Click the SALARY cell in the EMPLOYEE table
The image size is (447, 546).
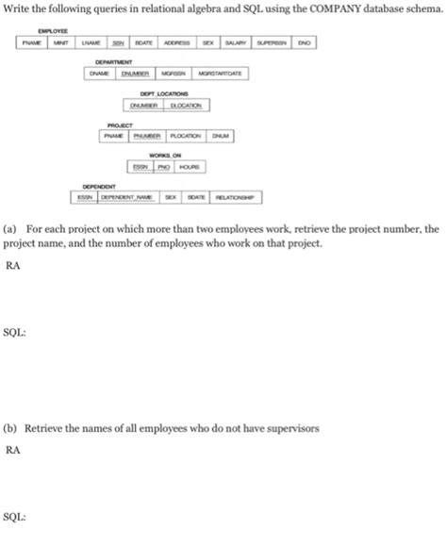(236, 43)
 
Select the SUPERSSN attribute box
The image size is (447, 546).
(272, 43)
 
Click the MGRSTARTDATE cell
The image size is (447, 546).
(221, 74)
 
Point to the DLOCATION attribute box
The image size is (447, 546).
(188, 105)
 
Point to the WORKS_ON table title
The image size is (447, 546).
(165, 157)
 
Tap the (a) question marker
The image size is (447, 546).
(10, 229)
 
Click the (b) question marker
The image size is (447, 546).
(10, 427)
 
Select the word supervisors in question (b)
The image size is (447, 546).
(292, 427)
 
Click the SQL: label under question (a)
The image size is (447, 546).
(14, 333)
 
